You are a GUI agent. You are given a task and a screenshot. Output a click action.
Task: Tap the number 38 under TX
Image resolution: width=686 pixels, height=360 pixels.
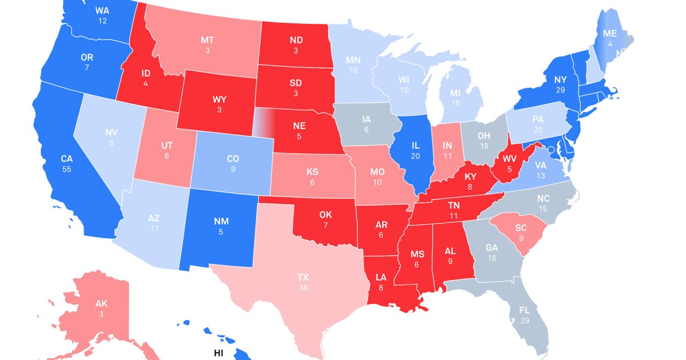click(303, 287)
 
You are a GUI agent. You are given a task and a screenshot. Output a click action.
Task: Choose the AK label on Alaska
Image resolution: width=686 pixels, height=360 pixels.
click(101, 303)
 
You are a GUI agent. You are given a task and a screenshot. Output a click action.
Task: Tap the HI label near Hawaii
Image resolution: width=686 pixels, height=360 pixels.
click(218, 353)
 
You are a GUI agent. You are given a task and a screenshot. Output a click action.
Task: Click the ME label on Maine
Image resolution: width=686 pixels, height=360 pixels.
click(611, 34)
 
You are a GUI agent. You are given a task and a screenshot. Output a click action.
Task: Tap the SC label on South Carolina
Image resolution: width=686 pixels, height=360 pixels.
click(520, 228)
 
